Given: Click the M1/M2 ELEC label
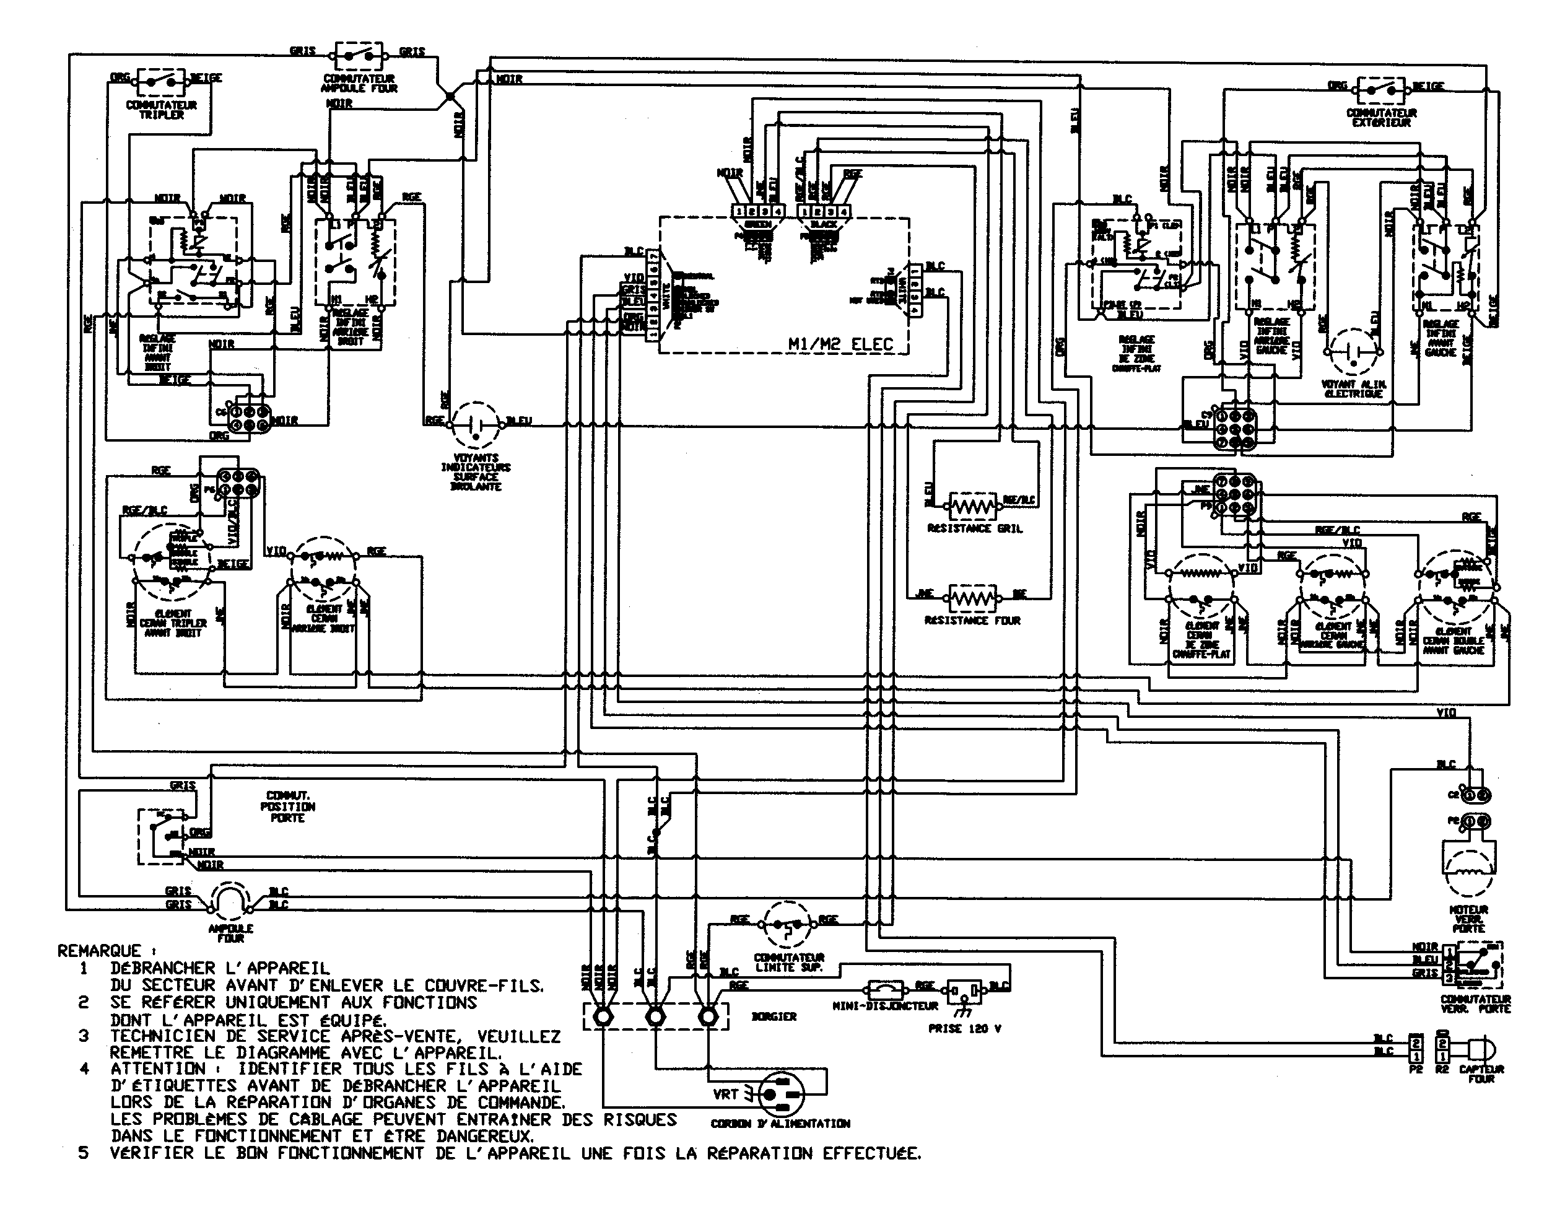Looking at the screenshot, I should point(840,344).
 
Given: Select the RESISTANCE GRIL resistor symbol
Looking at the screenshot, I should point(972,507).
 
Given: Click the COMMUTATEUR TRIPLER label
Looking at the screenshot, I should point(161,110).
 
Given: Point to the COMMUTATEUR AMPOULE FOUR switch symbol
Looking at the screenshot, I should point(359,55).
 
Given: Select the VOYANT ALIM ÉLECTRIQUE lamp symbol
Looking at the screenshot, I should point(1352,352).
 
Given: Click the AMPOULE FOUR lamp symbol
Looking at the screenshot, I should point(229,901).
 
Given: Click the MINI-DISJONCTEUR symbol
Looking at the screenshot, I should point(885,990).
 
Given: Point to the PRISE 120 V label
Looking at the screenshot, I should point(964,1028).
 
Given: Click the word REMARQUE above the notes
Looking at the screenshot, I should point(99,951).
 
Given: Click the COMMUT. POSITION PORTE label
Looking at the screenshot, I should point(287,806).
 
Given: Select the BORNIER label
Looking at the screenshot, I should point(774,1016).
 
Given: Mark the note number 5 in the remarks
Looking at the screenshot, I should point(84,1154).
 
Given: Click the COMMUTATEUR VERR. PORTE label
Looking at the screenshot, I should point(1475,1003).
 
